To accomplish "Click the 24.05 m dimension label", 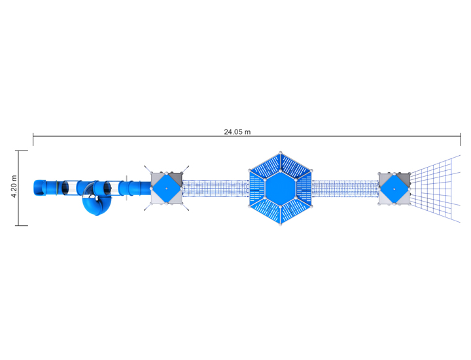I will (x=237, y=132).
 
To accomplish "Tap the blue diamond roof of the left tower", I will (x=166, y=189).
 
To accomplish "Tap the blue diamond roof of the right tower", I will (x=394, y=189).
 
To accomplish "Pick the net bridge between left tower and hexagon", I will (x=216, y=189).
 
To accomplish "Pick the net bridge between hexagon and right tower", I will (x=345, y=189).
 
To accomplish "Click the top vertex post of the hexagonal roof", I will (x=281, y=153).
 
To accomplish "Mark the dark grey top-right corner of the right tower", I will (x=404, y=177).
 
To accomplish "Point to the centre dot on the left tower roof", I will (x=166, y=189).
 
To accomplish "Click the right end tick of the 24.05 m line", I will (x=461, y=137).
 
